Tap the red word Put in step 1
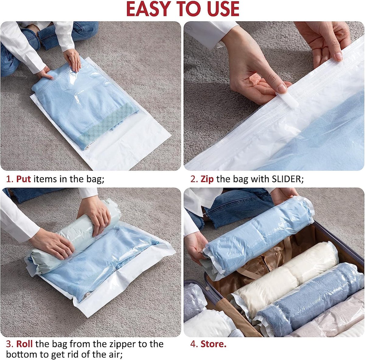(x=23, y=179)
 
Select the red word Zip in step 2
(x=207, y=179)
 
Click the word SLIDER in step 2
(x=287, y=179)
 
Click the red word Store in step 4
(x=213, y=344)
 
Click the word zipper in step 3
(x=125, y=344)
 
